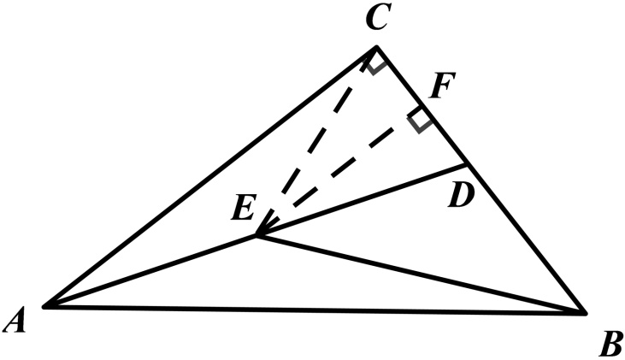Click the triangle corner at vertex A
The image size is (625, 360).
point(44,305)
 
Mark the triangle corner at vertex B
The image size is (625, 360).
point(586,313)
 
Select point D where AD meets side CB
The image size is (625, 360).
point(467,163)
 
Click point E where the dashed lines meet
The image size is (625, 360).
point(256,236)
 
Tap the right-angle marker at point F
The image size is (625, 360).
point(419,121)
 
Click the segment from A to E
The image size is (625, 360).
point(150,271)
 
